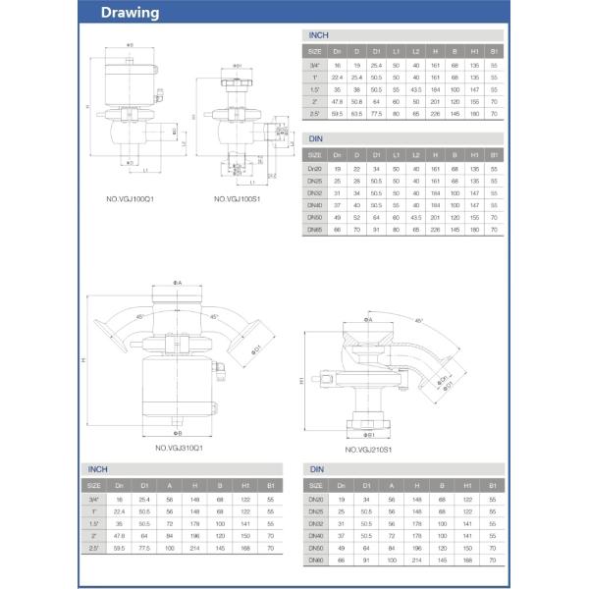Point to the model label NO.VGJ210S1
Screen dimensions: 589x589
[x=368, y=450]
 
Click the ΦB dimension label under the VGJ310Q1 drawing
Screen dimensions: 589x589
[x=178, y=432]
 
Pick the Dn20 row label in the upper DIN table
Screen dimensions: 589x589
[x=315, y=168]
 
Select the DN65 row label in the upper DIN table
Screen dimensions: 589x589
[x=315, y=229]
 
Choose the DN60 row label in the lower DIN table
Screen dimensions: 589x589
[x=315, y=560]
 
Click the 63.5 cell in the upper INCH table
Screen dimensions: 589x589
[x=357, y=113]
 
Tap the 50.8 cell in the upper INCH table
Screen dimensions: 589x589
[x=357, y=100]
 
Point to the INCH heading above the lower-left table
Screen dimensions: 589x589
[x=98, y=470]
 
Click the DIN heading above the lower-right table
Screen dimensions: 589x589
[x=316, y=470]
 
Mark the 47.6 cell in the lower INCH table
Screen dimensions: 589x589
[x=119, y=536]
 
